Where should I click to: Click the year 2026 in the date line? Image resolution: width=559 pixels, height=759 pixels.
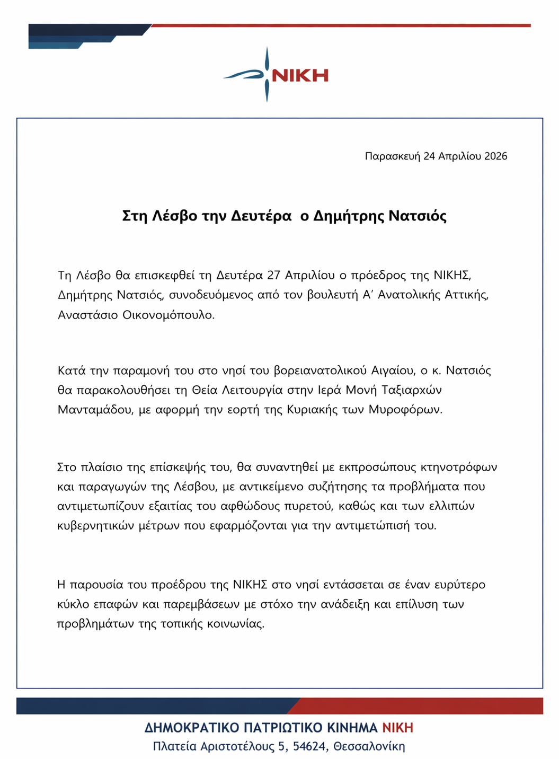(495, 156)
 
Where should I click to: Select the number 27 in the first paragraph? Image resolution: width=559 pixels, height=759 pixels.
(273, 276)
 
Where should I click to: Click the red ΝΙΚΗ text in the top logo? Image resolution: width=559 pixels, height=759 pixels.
(300, 75)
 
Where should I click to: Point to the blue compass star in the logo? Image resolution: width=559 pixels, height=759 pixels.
(267, 74)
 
